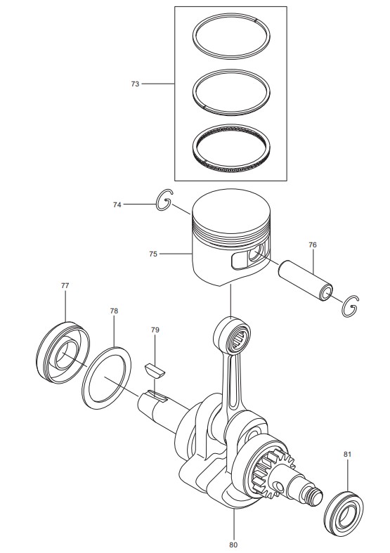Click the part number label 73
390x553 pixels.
click(x=135, y=84)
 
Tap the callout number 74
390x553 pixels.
click(x=117, y=204)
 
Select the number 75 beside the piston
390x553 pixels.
click(x=153, y=254)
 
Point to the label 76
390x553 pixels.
click(x=313, y=245)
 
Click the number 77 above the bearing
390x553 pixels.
click(x=65, y=285)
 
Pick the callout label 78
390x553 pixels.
click(x=114, y=311)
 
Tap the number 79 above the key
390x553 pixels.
click(x=155, y=330)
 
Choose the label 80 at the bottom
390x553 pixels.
click(x=233, y=545)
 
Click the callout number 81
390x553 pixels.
click(x=347, y=454)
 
